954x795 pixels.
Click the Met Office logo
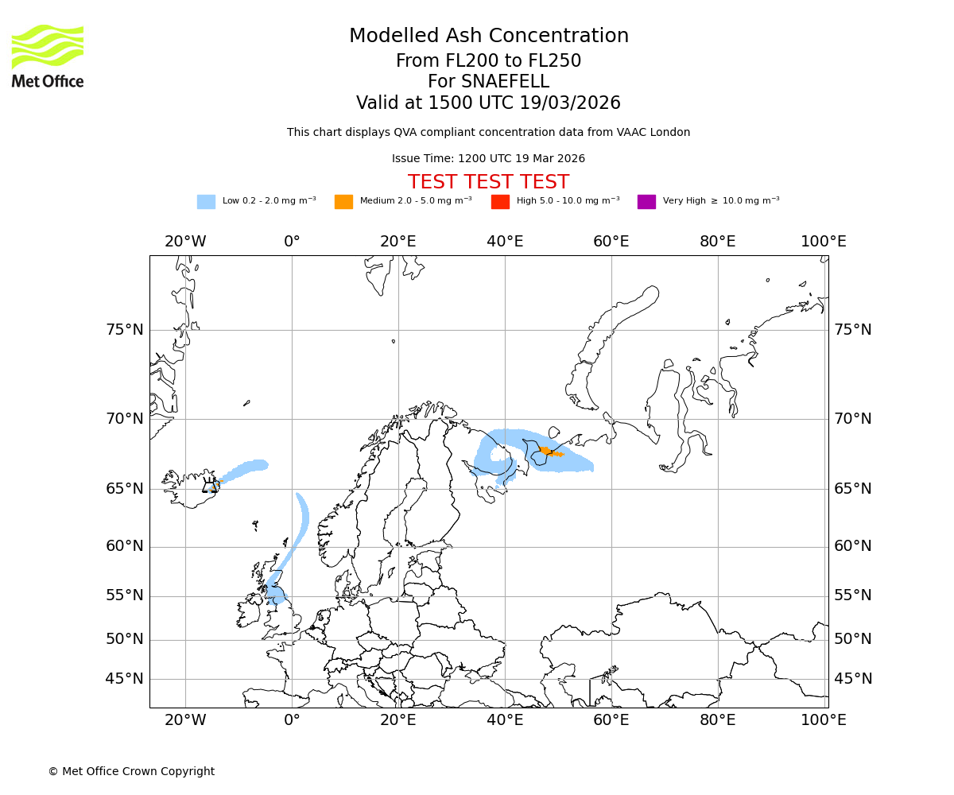(x=48, y=56)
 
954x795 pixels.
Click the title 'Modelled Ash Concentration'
(x=488, y=37)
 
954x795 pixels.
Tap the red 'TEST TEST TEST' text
(x=488, y=182)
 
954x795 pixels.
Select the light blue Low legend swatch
(x=206, y=202)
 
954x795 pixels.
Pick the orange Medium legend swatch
(x=343, y=202)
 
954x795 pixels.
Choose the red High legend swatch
(x=500, y=202)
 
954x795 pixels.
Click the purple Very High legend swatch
(x=646, y=202)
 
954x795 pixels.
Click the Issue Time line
(x=488, y=159)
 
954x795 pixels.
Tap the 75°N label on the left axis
(x=125, y=330)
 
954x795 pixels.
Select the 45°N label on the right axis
(x=853, y=679)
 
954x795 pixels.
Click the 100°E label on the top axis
(x=824, y=242)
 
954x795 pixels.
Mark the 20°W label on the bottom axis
(x=185, y=720)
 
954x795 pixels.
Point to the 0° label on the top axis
(x=292, y=242)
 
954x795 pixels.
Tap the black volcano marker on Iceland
(x=210, y=486)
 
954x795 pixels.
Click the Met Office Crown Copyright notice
(x=131, y=772)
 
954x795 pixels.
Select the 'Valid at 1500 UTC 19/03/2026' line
(x=488, y=103)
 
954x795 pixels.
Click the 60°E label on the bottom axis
(x=611, y=720)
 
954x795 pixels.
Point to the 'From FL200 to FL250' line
(x=488, y=61)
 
